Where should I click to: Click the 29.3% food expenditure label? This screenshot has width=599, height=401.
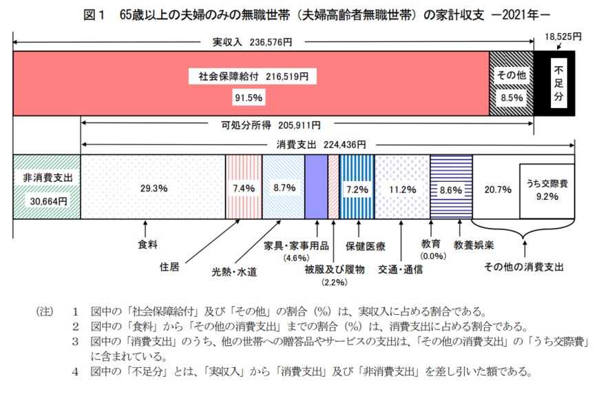click(154, 187)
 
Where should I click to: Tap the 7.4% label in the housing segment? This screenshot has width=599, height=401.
click(244, 187)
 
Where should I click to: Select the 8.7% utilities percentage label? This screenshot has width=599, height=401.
click(283, 187)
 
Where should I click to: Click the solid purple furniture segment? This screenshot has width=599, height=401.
click(316, 187)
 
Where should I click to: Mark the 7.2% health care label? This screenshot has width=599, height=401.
click(357, 187)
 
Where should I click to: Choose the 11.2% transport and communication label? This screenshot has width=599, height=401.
click(403, 187)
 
